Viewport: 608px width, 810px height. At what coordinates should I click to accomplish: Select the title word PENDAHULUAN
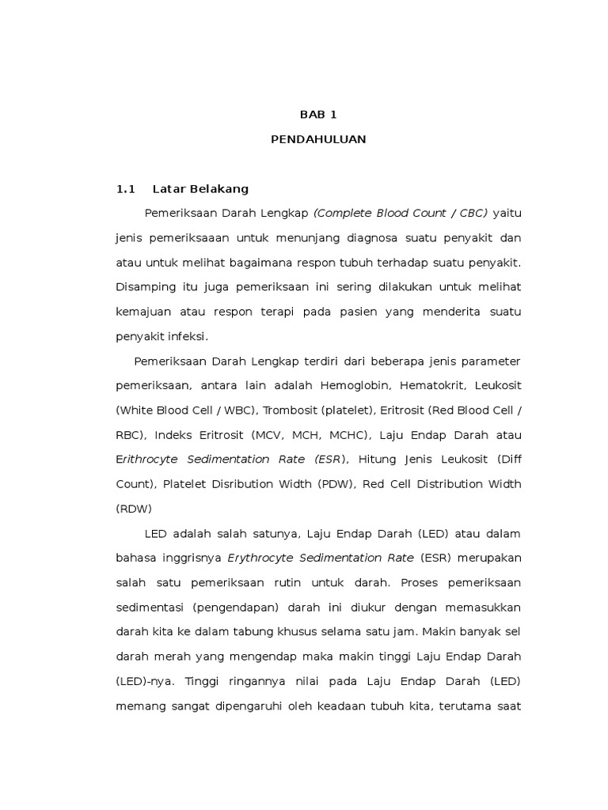pyautogui.click(x=318, y=139)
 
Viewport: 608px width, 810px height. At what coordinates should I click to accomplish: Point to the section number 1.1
pyautogui.click(x=127, y=189)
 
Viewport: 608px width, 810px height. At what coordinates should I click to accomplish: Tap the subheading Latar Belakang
pyautogui.click(x=200, y=189)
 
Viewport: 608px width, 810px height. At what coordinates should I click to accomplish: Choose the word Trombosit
pyautogui.click(x=288, y=410)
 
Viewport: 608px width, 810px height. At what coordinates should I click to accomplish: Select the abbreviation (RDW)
pyautogui.click(x=134, y=509)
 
